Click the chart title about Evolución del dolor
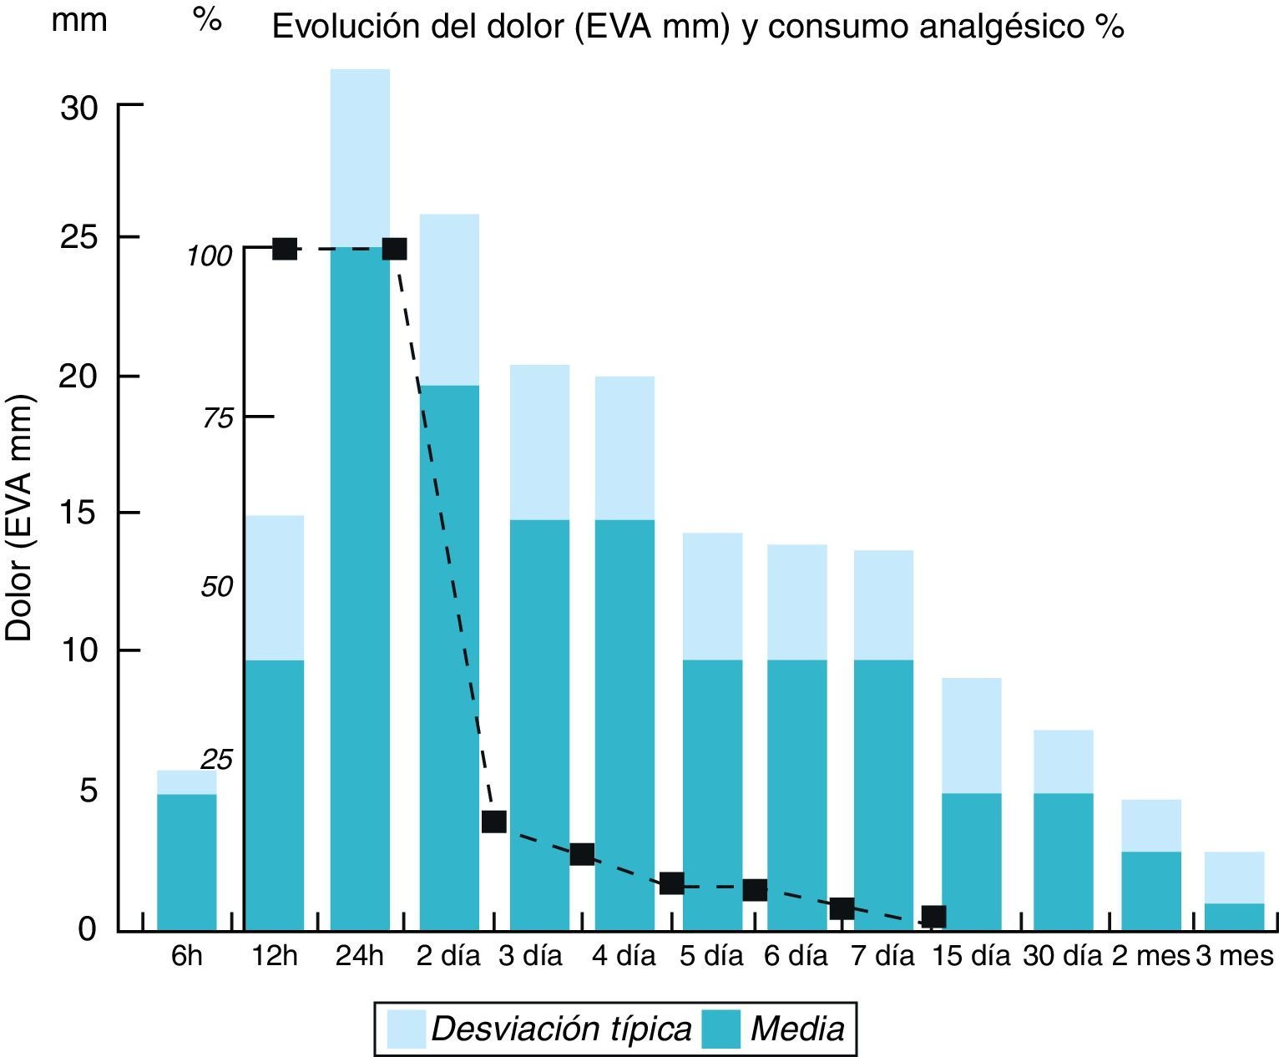pyautogui.click(x=698, y=28)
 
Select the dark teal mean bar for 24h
pyautogui.click(x=360, y=584)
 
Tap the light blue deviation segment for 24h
pyautogui.click(x=360, y=159)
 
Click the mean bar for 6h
pyautogui.click(x=186, y=862)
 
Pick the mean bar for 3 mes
pyautogui.click(x=1234, y=917)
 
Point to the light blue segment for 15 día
pyautogui.click(x=971, y=735)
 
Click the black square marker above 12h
pyautogui.click(x=285, y=248)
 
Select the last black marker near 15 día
pyautogui.click(x=933, y=916)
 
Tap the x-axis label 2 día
pyautogui.click(x=448, y=955)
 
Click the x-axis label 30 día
pyautogui.click(x=1063, y=955)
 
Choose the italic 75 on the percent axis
pyautogui.click(x=218, y=418)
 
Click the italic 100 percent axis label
pyautogui.click(x=209, y=255)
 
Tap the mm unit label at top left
pyautogui.click(x=79, y=20)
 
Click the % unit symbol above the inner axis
pyautogui.click(x=207, y=20)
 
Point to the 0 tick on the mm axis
pyautogui.click(x=87, y=928)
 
